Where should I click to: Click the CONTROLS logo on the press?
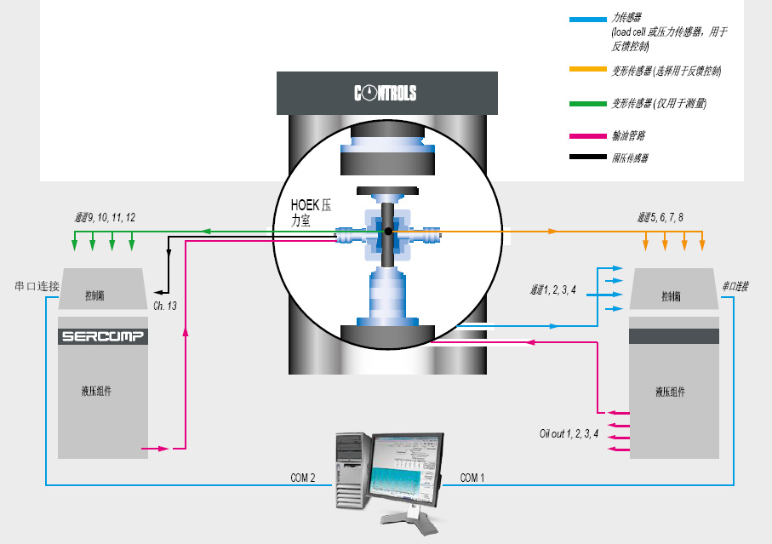(385, 93)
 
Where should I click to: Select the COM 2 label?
(302, 478)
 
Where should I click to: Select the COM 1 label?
(472, 478)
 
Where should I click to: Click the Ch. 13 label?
(164, 305)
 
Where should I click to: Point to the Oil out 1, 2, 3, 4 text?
(569, 432)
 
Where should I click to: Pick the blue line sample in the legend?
(587, 18)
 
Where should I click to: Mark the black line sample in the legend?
(587, 157)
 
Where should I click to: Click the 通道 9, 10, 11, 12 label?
(105, 218)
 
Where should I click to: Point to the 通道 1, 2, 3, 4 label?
(553, 290)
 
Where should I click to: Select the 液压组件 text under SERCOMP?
(96, 391)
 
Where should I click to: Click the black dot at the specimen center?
(388, 231)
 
